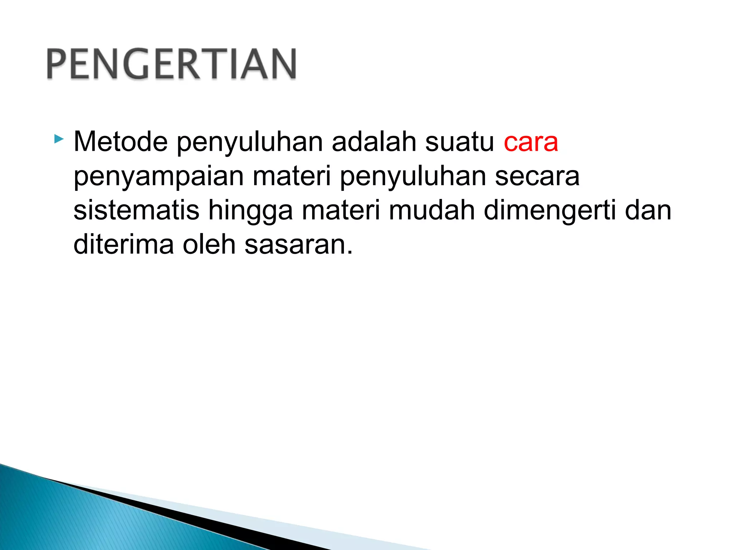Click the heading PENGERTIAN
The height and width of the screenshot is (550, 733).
click(x=171, y=64)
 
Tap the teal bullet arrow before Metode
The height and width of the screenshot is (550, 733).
click(x=59, y=139)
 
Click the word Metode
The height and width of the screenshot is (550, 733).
click(x=121, y=142)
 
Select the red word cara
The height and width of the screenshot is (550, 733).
click(x=531, y=143)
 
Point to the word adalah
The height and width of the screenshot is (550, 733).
click(x=374, y=142)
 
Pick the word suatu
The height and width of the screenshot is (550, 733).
click(x=460, y=143)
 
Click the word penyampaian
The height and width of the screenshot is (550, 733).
click(x=159, y=177)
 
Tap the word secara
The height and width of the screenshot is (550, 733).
click(x=537, y=177)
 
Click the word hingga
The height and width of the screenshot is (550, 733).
click(x=250, y=211)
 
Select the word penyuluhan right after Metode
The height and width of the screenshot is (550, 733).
click(x=250, y=143)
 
